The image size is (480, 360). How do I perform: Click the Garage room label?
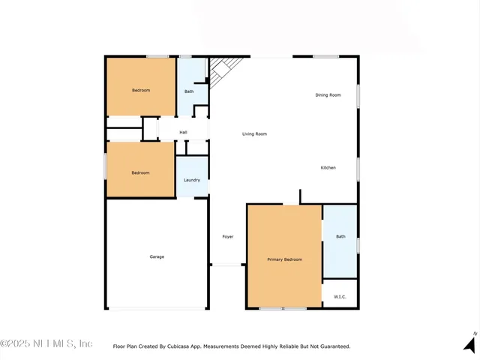(157, 256)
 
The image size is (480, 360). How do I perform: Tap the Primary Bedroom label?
(285, 259)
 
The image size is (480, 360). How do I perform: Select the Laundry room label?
(192, 180)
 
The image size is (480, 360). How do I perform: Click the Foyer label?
(228, 237)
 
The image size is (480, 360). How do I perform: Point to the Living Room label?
(254, 134)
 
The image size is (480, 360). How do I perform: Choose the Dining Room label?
(328, 95)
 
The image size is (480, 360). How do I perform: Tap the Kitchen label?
(328, 167)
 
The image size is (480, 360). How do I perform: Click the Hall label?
(183, 132)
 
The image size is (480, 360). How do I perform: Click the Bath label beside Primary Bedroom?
(340, 237)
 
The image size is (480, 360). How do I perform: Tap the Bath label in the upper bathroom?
(189, 91)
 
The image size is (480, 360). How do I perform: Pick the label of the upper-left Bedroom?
(141, 91)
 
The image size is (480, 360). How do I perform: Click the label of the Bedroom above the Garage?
(141, 173)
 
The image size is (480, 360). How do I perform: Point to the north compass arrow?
(469, 345)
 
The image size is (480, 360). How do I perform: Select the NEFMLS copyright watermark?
(46, 343)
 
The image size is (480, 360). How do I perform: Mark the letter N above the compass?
(474, 332)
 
